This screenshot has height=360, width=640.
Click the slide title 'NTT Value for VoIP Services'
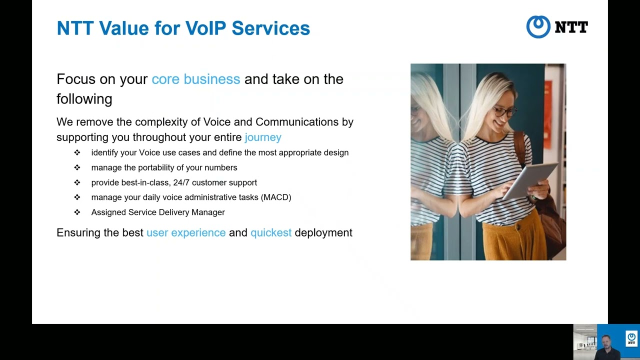click(183, 28)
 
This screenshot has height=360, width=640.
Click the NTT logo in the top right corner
click(557, 27)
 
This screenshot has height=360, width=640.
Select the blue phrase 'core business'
click(195, 79)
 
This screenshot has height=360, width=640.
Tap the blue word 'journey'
click(263, 137)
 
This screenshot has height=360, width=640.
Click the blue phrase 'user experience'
click(186, 233)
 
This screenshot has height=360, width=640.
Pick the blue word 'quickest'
click(271, 233)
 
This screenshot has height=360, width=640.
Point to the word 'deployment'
click(323, 233)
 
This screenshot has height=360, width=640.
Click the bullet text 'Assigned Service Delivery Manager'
click(158, 212)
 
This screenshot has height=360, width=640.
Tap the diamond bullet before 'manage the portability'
click(77, 167)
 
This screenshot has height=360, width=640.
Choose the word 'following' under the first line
click(84, 99)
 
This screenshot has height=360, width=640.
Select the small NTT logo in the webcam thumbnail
click(631, 338)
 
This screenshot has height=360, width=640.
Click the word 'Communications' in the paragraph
click(288, 122)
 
